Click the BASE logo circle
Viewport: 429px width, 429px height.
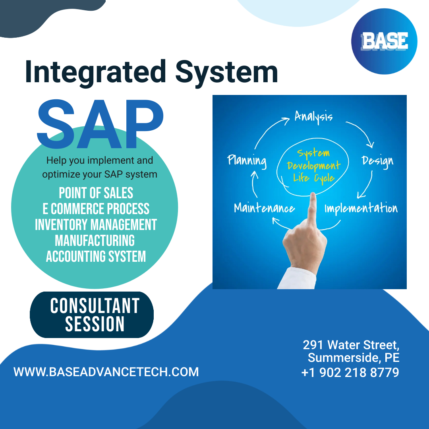384,41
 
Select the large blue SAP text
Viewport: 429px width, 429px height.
100,124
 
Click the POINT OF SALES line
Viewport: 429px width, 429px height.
96,193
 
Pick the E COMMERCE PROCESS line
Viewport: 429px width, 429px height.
96,209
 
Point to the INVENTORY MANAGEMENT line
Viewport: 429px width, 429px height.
96,224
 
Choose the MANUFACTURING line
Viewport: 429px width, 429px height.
95,240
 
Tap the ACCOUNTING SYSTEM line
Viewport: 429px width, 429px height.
96,256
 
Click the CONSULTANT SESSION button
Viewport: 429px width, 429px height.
92,315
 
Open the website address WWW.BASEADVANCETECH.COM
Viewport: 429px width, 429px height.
106,372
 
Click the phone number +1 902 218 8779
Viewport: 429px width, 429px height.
350,372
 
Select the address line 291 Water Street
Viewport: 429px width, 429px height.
351,345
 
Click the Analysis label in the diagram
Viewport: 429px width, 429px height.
313,117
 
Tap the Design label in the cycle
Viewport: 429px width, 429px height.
378,161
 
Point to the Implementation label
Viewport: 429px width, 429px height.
361,209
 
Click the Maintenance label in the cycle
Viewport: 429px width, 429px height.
264,208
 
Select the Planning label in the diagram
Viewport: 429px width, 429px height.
247,161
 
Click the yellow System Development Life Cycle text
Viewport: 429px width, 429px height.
313,166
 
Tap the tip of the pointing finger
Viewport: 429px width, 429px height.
313,193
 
